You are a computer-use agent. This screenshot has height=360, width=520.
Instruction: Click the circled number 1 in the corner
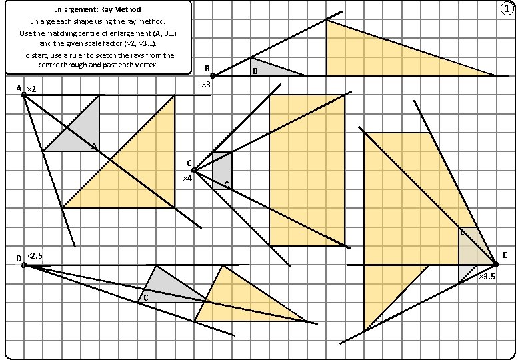click(x=509, y=8)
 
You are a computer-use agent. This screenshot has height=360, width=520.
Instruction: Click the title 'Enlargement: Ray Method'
click(x=97, y=10)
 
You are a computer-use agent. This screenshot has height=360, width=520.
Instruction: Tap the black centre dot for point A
click(x=24, y=95)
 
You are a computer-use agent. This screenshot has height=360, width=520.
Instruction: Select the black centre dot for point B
click(x=213, y=76)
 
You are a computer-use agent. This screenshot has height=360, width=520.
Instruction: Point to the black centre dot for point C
click(x=194, y=171)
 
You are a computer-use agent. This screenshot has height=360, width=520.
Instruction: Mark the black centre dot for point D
click(x=24, y=265)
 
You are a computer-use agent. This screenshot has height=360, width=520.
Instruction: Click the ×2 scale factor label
click(x=31, y=89)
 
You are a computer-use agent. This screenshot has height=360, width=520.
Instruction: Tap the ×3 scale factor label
click(x=206, y=85)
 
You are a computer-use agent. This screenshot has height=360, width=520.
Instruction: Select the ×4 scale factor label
click(x=187, y=179)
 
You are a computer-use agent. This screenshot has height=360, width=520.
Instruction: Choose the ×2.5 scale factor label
click(x=35, y=257)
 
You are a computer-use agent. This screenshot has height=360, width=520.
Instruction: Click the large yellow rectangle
click(x=307, y=170)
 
